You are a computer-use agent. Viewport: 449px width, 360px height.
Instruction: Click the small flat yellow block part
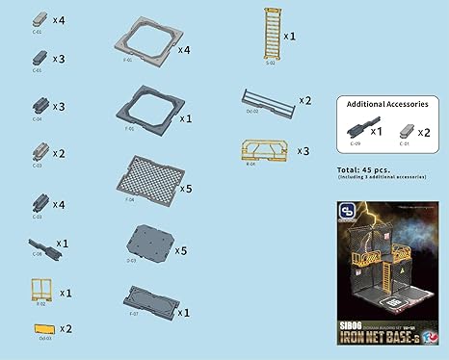[40, 329]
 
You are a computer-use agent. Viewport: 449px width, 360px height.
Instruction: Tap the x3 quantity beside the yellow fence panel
[302, 152]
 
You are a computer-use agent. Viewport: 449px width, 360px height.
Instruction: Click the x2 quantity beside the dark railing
[304, 100]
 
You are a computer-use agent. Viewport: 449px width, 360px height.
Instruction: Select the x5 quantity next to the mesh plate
[187, 190]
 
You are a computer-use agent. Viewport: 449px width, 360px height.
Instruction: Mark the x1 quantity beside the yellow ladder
[289, 35]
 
